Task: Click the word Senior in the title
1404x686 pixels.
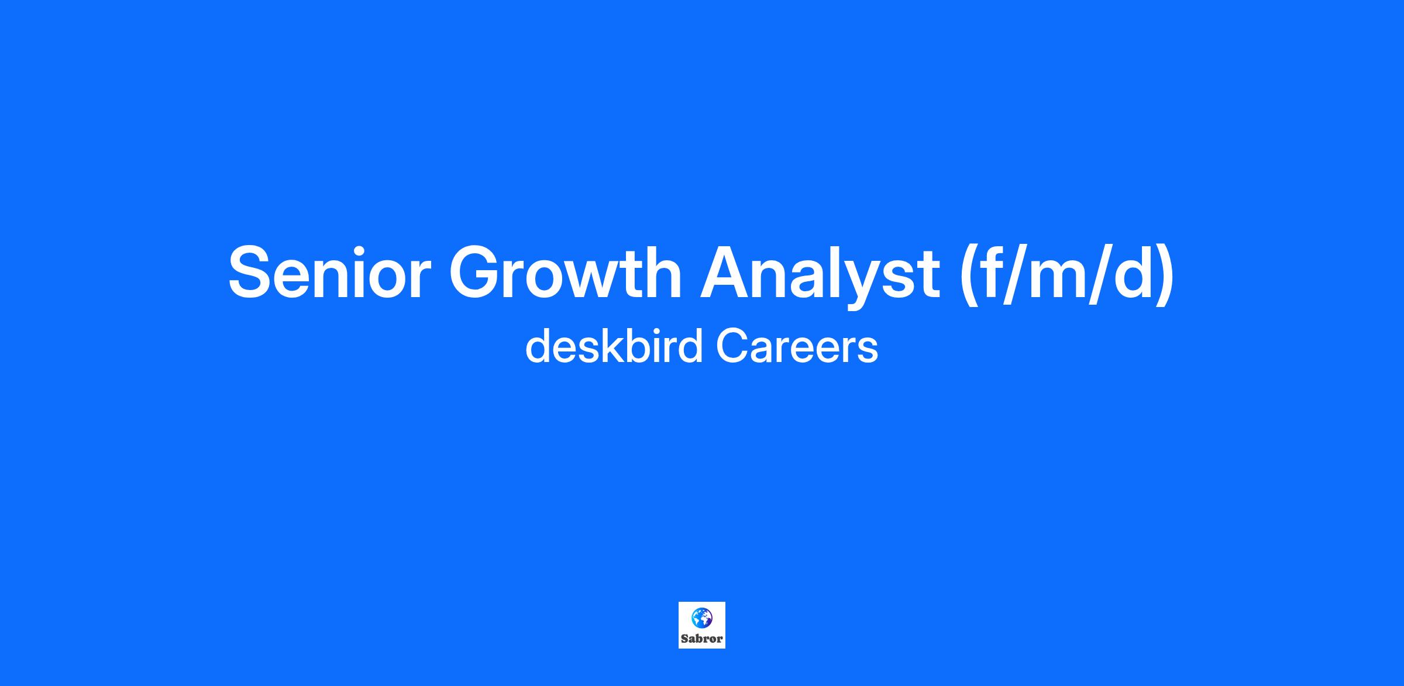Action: point(329,273)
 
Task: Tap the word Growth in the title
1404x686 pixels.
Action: point(565,273)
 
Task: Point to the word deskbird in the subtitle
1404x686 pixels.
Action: point(614,346)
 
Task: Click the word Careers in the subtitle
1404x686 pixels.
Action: point(797,347)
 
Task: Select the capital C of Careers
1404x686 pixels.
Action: point(732,347)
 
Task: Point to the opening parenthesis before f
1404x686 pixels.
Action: point(970,275)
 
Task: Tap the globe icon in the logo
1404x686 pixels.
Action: point(701,618)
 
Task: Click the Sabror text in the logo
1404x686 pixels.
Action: point(702,639)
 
